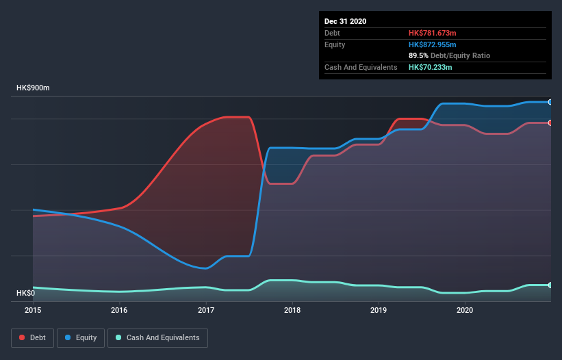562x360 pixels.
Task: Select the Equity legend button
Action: [x=81, y=337]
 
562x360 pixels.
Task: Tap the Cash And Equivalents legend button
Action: [x=157, y=337]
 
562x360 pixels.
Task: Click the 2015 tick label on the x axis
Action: [x=33, y=311]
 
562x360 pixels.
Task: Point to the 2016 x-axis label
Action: [x=119, y=311]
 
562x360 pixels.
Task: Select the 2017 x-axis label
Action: [x=205, y=311]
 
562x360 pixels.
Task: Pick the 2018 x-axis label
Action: [x=292, y=311]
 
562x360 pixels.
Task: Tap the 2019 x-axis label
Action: [x=379, y=311]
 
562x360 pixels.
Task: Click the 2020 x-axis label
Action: [x=465, y=311]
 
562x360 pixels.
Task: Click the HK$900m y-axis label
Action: [x=33, y=88]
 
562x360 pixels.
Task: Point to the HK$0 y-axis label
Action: [x=27, y=294]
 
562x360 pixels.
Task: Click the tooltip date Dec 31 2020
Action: [x=346, y=21]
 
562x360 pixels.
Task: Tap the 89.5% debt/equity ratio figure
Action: [x=418, y=55]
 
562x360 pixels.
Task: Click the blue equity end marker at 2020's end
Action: [x=550, y=102]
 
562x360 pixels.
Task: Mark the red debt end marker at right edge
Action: [x=550, y=123]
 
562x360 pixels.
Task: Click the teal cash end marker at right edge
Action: [x=550, y=285]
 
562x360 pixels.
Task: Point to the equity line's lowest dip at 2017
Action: [x=205, y=268]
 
